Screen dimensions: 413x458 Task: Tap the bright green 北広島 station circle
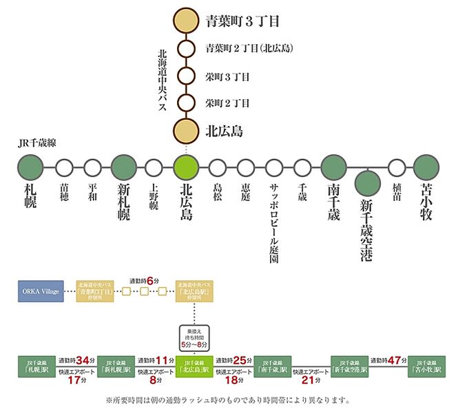(186, 167)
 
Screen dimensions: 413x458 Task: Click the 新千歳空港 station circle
(367, 182)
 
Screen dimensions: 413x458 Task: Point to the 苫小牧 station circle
(426, 167)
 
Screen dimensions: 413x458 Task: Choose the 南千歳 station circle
(333, 167)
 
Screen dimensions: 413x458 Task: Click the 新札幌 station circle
(124, 167)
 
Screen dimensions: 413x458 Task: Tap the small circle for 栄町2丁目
(187, 103)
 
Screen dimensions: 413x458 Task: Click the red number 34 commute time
(84, 360)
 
